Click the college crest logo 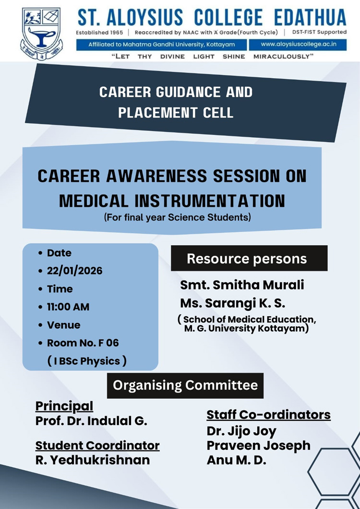[42, 34]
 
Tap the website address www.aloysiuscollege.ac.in [298, 44]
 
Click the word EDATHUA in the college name [310, 18]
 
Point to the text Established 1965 [99, 33]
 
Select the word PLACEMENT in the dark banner [157, 113]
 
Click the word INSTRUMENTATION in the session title [210, 201]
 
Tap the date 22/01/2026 [75, 271]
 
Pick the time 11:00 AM [68, 307]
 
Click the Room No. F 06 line [83, 343]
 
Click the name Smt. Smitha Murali [242, 284]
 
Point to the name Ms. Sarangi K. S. [233, 303]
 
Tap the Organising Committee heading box [185, 385]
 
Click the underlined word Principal [64, 406]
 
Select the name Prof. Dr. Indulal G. [91, 421]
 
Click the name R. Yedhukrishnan [93, 460]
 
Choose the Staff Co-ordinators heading [269, 415]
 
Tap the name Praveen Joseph [259, 445]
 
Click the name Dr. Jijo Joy [241, 431]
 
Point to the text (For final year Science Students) [178, 217]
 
